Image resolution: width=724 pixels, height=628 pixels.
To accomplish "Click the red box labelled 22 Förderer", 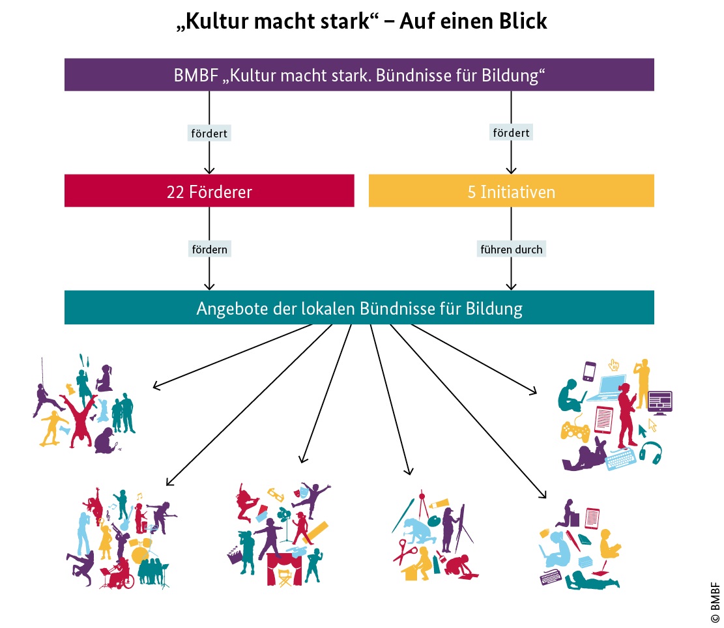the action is tap(209, 191).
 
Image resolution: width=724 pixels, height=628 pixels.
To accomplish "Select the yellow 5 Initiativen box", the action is tap(511, 191).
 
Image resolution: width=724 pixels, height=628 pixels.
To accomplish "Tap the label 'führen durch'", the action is tap(511, 249).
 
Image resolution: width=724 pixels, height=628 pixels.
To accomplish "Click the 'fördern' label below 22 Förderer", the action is tap(209, 249).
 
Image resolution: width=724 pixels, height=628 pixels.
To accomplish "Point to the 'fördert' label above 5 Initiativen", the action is tap(511, 132).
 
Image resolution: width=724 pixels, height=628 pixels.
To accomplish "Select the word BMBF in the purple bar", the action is tap(195, 75).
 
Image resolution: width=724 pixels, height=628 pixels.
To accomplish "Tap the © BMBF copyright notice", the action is tap(715, 603).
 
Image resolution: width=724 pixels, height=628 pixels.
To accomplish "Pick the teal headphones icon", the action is tap(650, 453).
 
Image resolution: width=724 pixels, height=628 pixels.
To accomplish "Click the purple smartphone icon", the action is tap(589, 371).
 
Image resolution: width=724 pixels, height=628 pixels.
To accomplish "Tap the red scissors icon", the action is tap(405, 551).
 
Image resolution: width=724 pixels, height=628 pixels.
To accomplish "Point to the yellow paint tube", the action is tap(439, 504).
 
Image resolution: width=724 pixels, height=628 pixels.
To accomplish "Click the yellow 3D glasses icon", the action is tap(276, 494).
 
